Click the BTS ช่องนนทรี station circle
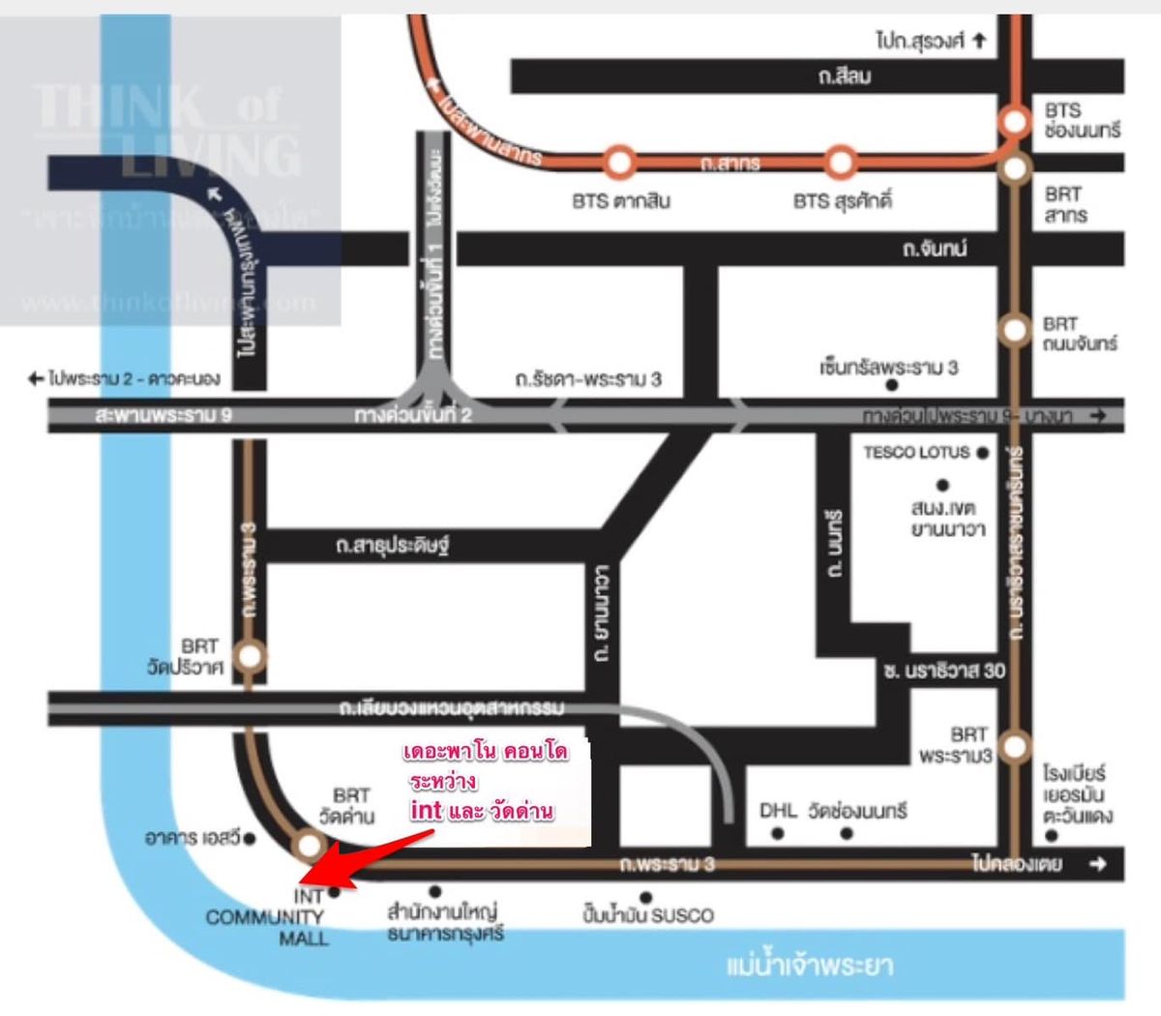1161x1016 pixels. tap(1015, 121)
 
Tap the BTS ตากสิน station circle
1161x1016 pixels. tap(618, 161)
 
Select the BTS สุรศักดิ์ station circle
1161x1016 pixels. tap(841, 161)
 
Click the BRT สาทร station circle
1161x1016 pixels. tap(1015, 168)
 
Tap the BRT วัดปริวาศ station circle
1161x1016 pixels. tap(250, 657)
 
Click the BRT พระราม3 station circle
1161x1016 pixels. tap(1015, 746)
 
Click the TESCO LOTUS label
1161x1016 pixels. tap(915, 452)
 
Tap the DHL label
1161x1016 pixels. tap(778, 810)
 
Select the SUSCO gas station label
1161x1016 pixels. tap(647, 915)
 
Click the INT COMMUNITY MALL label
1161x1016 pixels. tap(266, 917)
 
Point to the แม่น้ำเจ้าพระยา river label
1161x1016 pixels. tap(809, 966)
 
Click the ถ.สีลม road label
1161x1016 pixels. tap(844, 76)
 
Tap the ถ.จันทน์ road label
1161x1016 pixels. tap(934, 249)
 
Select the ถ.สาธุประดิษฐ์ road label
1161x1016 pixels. tap(392, 546)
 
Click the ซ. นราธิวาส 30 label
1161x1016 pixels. tap(943, 671)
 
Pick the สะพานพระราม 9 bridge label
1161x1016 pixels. tap(164, 416)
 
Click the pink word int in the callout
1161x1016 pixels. tap(426, 809)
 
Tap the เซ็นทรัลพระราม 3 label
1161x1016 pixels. tap(888, 368)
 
